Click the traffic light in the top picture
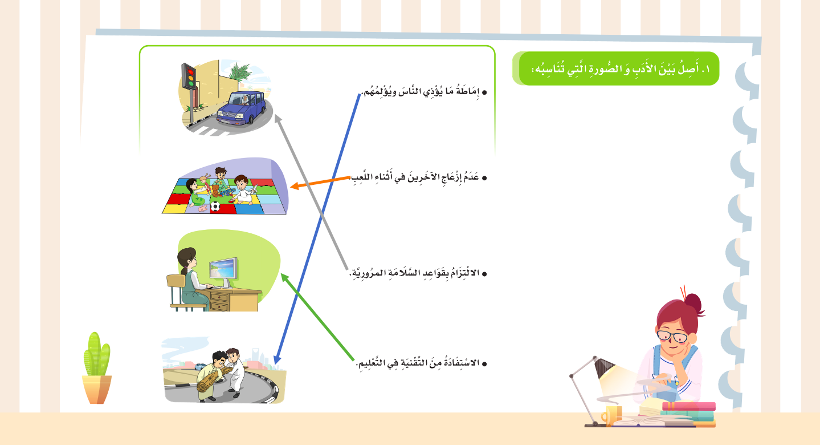click(x=189, y=76)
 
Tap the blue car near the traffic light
click(x=242, y=107)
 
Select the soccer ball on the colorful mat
click(x=215, y=207)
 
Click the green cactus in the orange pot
click(x=96, y=354)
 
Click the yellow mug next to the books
click(x=611, y=416)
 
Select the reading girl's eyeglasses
click(x=672, y=337)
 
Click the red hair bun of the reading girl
click(x=692, y=303)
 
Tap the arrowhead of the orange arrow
click(x=294, y=185)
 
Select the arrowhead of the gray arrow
click(x=278, y=119)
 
